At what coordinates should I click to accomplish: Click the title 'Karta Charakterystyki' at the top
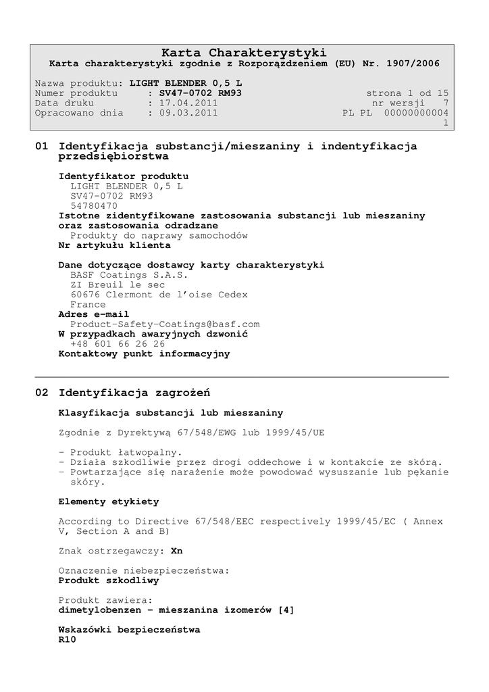(x=244, y=53)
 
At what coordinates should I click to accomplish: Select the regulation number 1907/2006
(x=413, y=64)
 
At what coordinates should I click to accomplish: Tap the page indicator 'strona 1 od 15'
(x=407, y=93)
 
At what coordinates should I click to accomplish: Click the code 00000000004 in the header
(x=416, y=113)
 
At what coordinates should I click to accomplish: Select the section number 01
(x=41, y=146)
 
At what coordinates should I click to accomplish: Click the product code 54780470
(x=94, y=205)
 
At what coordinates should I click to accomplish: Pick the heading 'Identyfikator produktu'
(x=124, y=176)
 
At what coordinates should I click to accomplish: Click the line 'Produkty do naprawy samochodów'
(x=159, y=236)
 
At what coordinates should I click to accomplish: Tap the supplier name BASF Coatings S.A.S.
(x=129, y=275)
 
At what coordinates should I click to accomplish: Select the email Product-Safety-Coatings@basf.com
(x=165, y=324)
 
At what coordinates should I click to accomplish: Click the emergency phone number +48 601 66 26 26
(x=118, y=344)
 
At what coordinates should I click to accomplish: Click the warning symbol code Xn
(x=177, y=551)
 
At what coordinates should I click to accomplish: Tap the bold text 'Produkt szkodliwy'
(x=109, y=580)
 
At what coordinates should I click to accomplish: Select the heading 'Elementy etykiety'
(x=109, y=501)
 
